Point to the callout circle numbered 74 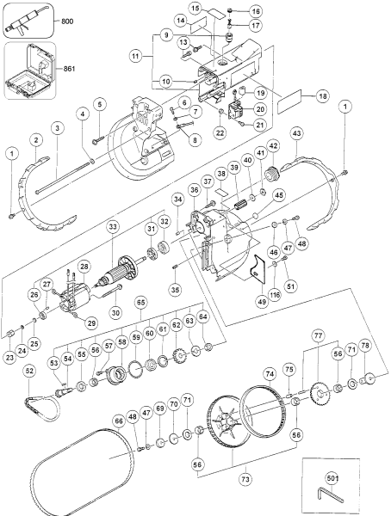270,373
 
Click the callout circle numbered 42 273,147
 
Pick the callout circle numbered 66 119,420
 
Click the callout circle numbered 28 85,267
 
